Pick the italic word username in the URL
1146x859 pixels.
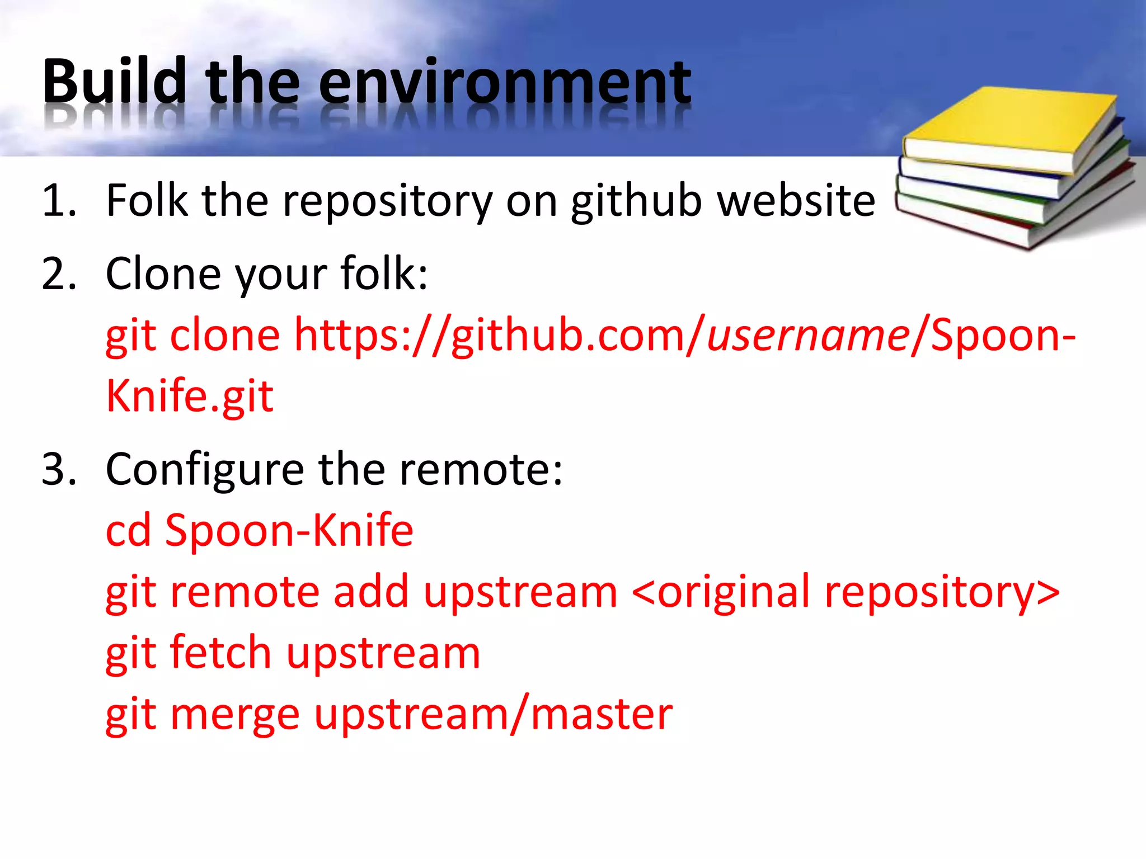808,336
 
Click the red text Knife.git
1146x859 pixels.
190,396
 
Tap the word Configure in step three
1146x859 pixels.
205,470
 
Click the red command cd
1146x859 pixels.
128,530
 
